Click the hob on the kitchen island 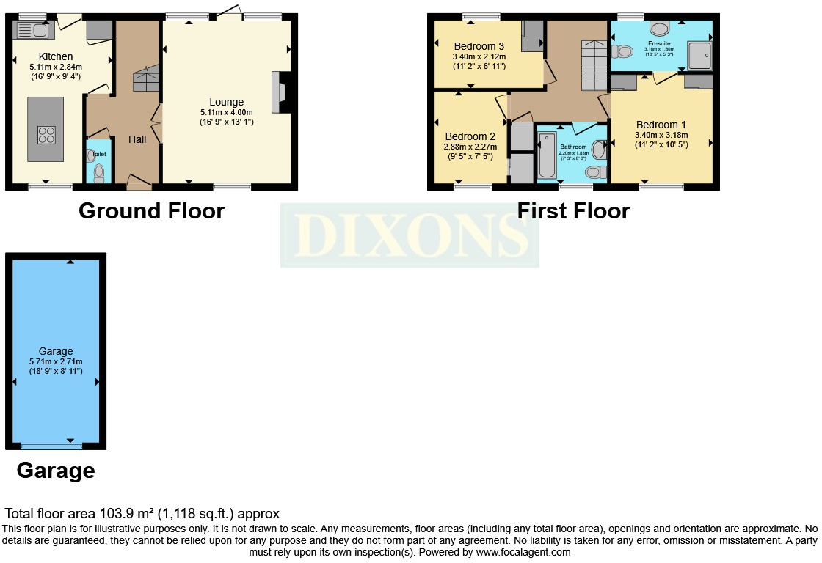[x=46, y=135]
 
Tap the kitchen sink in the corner [x=29, y=30]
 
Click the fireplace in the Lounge [x=280, y=92]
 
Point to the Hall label [x=137, y=139]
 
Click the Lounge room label [x=226, y=102]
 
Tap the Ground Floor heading [x=151, y=211]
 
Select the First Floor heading [x=573, y=211]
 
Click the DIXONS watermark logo [x=410, y=235]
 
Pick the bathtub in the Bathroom [x=548, y=155]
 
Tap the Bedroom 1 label [x=661, y=124]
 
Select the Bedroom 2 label [x=470, y=136]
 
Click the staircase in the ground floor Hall [x=146, y=78]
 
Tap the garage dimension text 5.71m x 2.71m [x=55, y=361]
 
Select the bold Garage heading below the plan [x=56, y=470]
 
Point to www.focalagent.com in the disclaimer [x=523, y=552]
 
